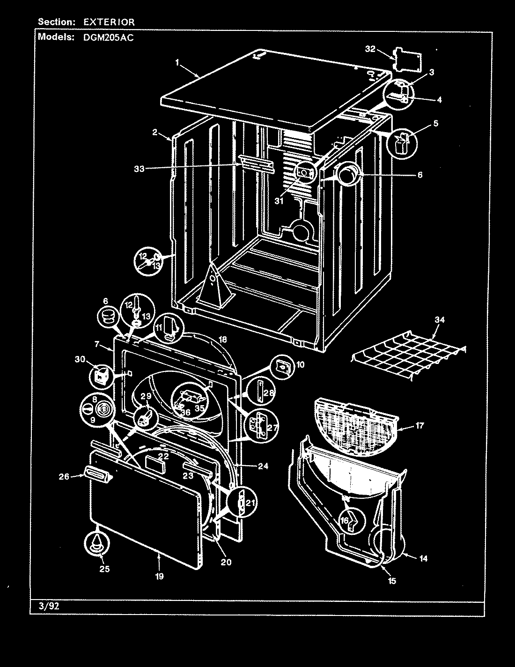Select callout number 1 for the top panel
point(177,62)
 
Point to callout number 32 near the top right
point(370,49)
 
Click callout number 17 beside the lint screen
point(419,426)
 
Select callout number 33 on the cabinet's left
point(140,170)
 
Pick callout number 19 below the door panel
point(159,577)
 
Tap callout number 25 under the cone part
point(105,569)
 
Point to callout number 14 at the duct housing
point(423,558)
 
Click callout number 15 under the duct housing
point(392,581)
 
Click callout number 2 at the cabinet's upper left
point(154,132)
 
